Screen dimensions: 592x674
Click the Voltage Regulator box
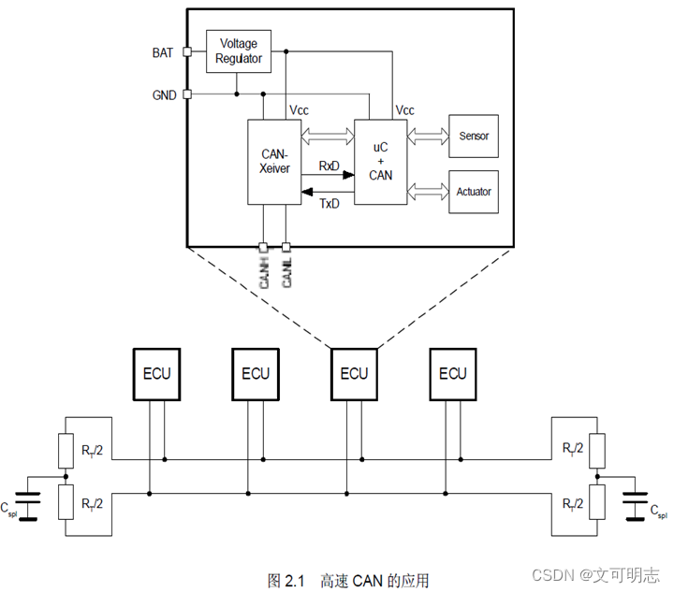click(x=240, y=52)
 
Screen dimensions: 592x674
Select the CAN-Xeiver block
click(x=273, y=162)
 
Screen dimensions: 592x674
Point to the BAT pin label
click(x=163, y=52)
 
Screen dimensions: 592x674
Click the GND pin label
click(x=163, y=94)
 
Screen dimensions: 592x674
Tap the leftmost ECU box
click(x=156, y=373)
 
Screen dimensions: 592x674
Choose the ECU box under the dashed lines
click(x=354, y=373)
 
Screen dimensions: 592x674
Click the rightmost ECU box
click(x=452, y=373)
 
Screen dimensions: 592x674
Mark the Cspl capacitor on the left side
click(x=32, y=506)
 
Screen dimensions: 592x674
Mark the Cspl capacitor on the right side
click(x=641, y=506)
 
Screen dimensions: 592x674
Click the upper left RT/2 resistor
click(x=65, y=450)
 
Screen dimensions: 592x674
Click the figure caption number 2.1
click(x=295, y=581)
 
